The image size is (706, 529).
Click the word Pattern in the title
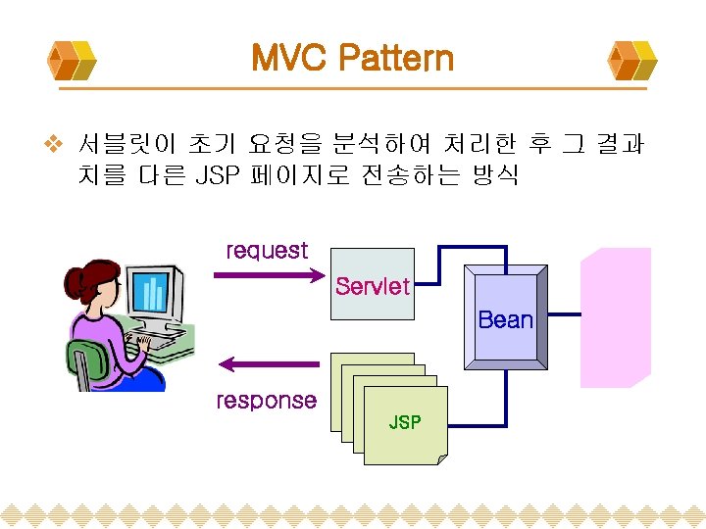click(396, 58)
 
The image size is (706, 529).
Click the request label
click(267, 251)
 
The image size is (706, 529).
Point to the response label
click(267, 400)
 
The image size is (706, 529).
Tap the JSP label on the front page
click(405, 422)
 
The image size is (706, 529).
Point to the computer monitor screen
click(151, 291)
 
